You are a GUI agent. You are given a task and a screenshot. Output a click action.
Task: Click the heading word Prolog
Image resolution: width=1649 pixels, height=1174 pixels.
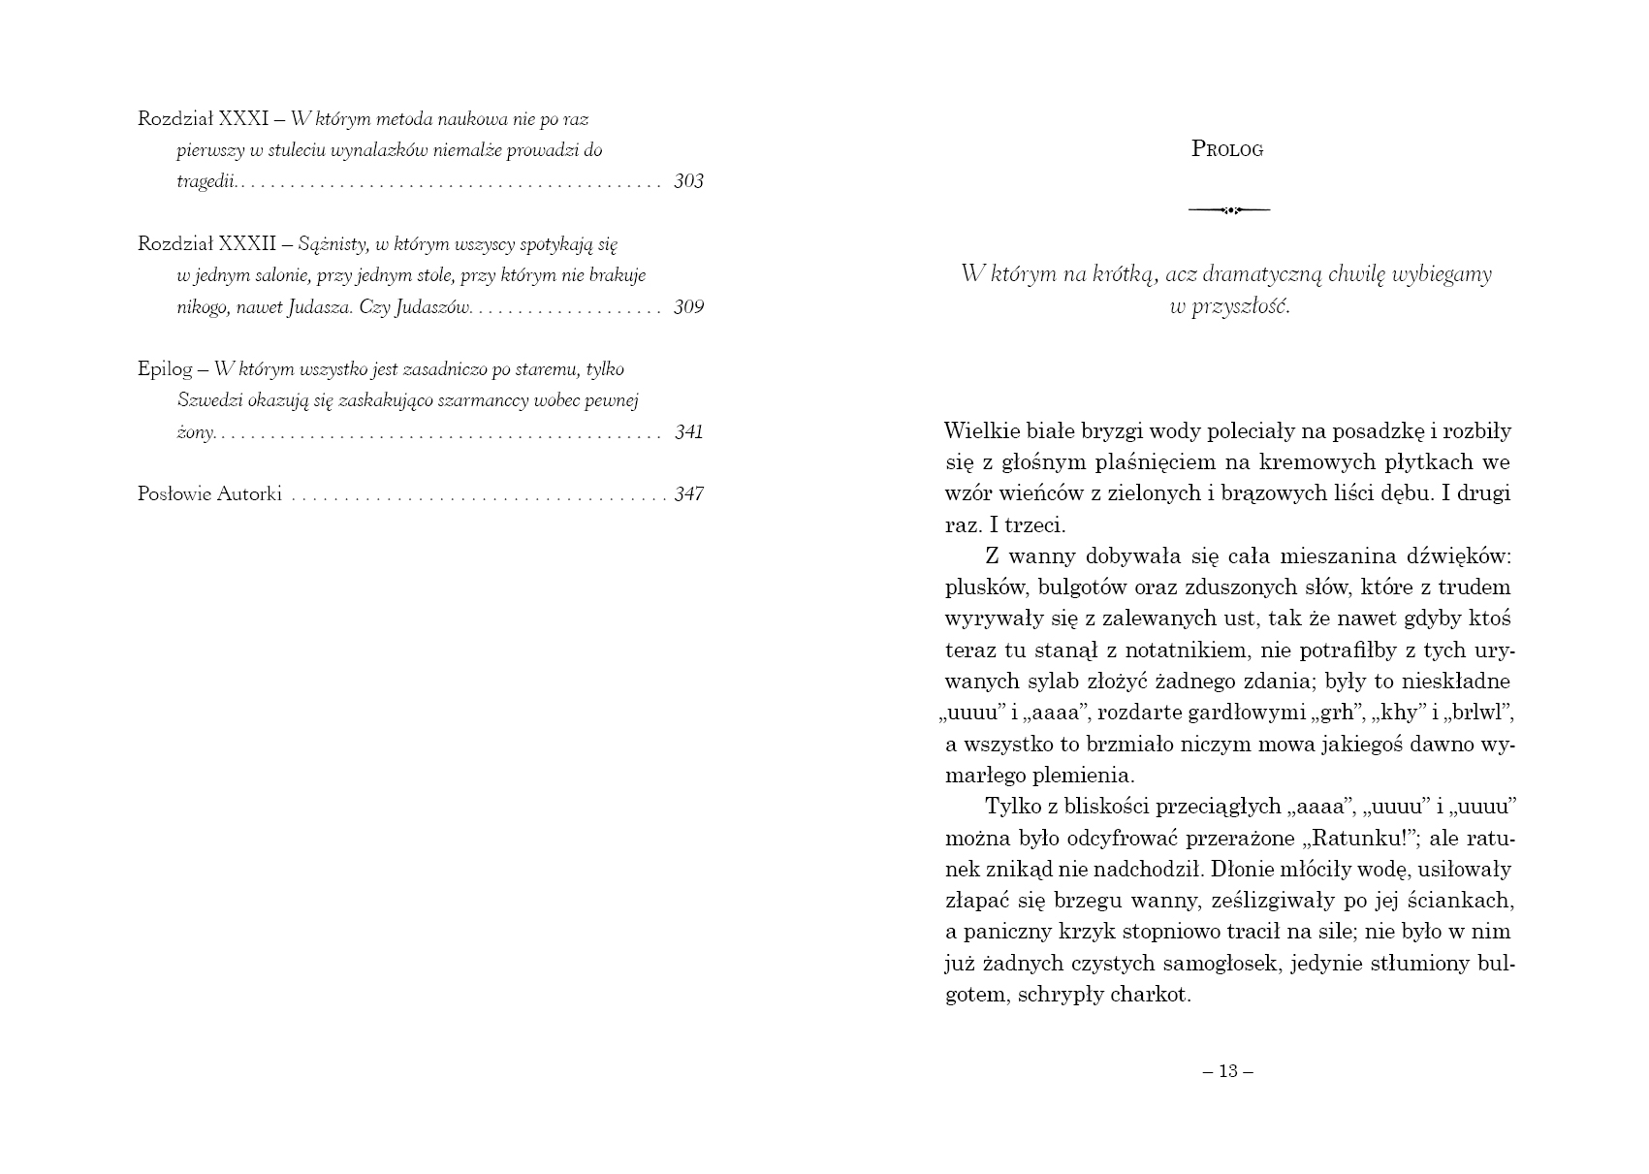1226,149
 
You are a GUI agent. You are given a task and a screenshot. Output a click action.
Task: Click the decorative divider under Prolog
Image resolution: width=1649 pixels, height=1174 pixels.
1228,209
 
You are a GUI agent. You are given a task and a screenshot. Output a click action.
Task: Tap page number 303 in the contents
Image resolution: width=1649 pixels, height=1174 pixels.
688,181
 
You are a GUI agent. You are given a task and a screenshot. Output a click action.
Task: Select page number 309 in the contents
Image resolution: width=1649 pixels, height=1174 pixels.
688,307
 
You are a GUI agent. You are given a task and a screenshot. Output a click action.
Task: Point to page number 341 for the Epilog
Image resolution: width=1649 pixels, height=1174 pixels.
688,432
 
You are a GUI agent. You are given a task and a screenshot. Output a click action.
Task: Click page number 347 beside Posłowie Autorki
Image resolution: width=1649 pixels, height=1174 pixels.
688,494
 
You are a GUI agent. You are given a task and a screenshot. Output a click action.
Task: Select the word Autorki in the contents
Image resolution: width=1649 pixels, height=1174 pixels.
249,494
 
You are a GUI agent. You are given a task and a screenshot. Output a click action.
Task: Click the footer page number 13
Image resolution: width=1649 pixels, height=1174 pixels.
1228,1071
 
